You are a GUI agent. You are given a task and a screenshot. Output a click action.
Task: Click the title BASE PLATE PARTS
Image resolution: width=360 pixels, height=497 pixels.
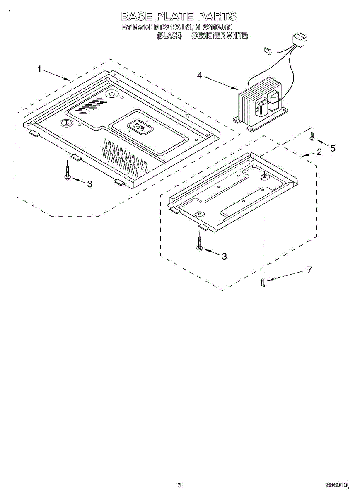(179, 17)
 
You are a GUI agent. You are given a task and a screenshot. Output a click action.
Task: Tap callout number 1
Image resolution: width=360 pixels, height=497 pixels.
(39, 69)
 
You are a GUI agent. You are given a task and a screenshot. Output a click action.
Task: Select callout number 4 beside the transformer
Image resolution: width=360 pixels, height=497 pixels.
(200, 76)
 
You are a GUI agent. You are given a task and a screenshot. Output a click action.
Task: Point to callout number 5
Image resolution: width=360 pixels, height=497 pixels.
(333, 148)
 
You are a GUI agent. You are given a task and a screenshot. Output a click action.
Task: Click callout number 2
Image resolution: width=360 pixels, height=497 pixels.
(319, 152)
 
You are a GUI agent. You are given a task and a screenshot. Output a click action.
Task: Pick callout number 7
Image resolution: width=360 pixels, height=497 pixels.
(309, 270)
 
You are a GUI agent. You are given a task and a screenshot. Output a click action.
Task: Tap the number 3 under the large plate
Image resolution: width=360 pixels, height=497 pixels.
(89, 185)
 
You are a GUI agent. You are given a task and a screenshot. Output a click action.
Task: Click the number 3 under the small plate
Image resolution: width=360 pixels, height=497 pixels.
(224, 256)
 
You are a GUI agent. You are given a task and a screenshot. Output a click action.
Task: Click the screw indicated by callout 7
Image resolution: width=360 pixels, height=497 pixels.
(262, 283)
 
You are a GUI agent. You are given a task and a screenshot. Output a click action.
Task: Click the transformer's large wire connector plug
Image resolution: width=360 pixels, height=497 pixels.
(300, 41)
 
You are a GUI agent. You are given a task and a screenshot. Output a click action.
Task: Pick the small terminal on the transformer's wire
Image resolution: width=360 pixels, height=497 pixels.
(267, 51)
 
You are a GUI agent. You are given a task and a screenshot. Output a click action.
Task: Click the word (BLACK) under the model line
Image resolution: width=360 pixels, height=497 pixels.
(169, 36)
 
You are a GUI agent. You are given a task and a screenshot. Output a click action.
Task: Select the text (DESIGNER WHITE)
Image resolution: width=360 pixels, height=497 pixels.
(220, 36)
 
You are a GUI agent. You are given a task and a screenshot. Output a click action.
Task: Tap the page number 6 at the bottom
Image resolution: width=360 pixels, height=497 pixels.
(179, 485)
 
